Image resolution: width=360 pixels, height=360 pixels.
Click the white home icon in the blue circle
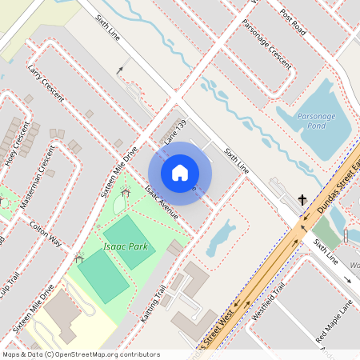coord(179,172)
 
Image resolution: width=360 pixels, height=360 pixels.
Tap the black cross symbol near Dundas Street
coord(303,199)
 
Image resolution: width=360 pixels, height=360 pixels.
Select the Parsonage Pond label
coord(317,121)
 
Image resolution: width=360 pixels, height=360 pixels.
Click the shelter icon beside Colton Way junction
coord(78,258)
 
